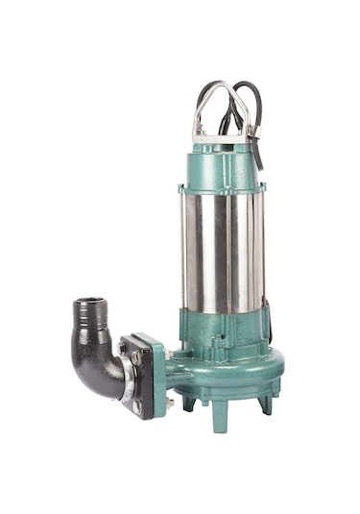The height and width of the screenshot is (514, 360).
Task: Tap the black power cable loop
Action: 252,96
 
